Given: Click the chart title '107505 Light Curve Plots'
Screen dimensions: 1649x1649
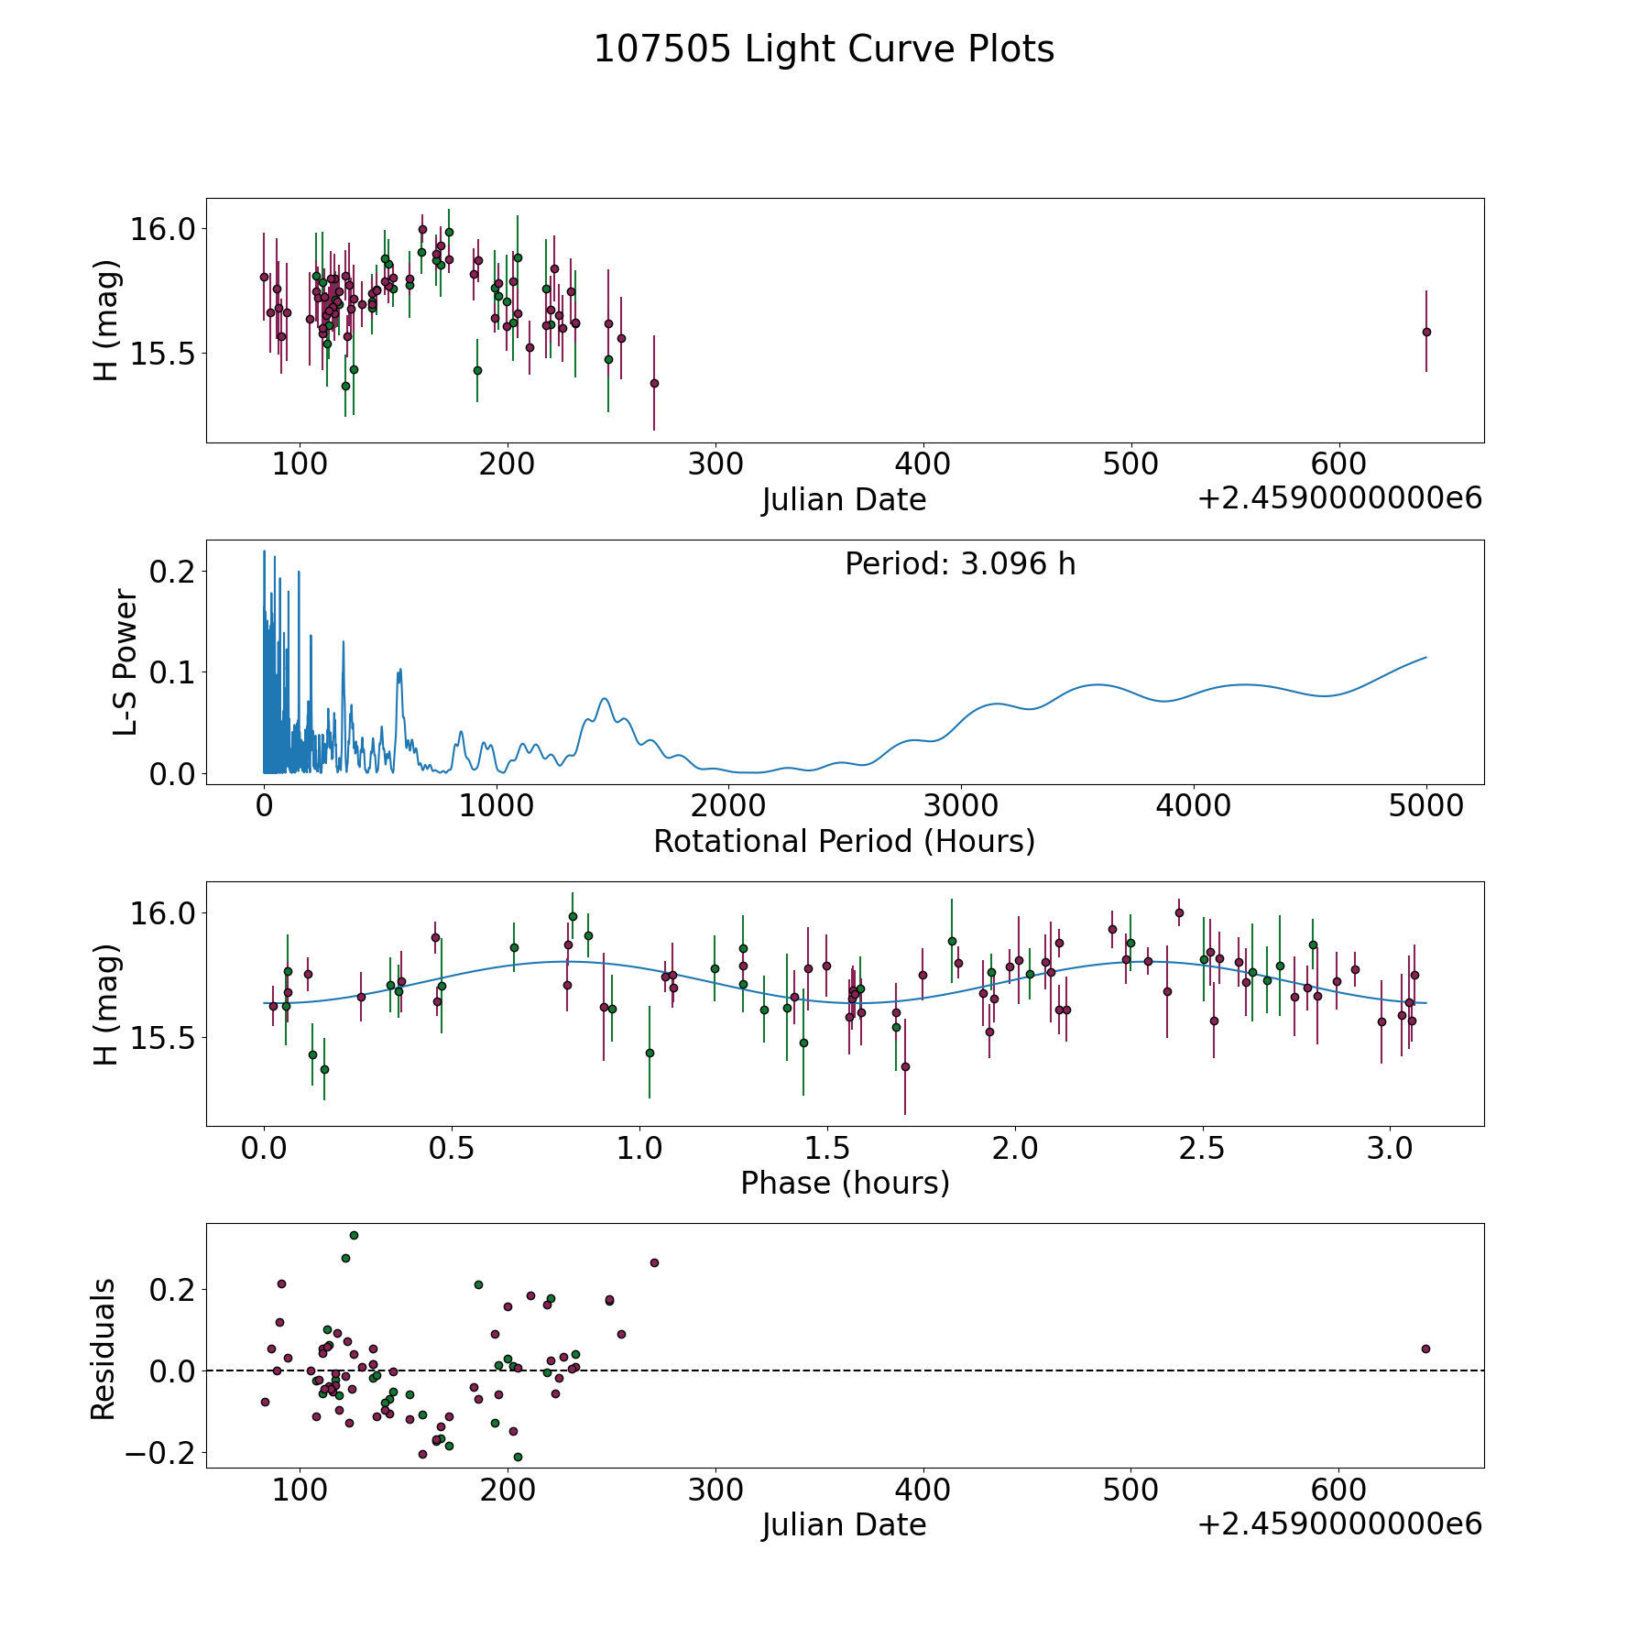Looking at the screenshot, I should (824, 49).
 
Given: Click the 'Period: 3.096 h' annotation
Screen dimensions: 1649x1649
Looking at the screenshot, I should (960, 564).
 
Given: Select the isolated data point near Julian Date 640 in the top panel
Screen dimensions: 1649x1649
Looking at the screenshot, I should (1426, 332).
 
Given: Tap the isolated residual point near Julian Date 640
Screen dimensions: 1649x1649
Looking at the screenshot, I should (1425, 1349).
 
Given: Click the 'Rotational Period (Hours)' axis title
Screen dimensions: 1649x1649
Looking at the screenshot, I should (844, 841).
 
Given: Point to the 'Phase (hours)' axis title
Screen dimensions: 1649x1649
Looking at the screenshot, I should (845, 1183).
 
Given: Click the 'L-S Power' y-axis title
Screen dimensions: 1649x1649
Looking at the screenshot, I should (126, 662).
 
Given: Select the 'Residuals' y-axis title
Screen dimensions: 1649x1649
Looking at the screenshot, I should (104, 1349).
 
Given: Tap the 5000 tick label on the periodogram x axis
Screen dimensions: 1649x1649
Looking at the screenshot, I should (1425, 806).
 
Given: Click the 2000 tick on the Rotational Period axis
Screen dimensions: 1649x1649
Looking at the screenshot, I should (728, 806).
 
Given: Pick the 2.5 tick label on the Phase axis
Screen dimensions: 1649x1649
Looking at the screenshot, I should (1202, 1148).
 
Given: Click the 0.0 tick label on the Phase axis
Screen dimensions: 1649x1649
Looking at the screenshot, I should (265, 1148).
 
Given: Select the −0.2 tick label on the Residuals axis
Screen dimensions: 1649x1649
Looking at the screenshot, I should (159, 1453).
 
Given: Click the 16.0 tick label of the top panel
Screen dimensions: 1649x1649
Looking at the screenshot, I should (162, 228).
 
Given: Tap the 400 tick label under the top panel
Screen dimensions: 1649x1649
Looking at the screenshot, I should (923, 464).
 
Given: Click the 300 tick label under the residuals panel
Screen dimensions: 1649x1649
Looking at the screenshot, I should (715, 1490).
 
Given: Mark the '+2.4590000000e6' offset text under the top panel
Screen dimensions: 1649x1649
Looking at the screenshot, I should (1339, 498).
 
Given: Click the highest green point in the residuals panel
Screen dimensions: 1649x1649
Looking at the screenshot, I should (354, 1235).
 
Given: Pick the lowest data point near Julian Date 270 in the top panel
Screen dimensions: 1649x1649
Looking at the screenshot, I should (654, 383).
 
